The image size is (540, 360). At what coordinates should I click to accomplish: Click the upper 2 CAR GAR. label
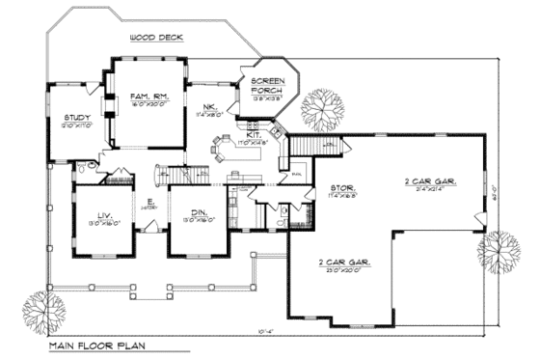coord(430,180)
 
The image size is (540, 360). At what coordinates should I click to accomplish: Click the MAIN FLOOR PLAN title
coord(96,344)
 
